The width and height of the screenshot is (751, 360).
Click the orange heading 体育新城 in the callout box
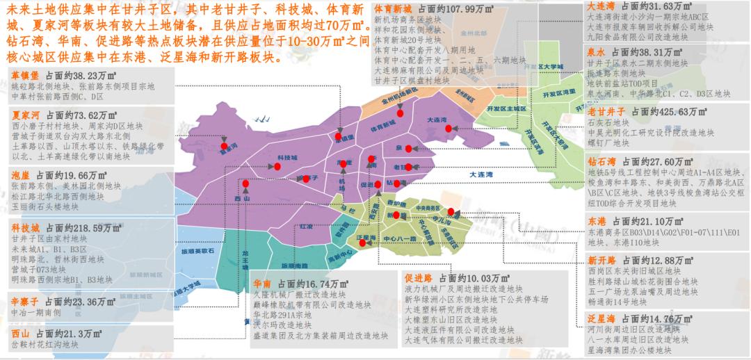click(x=393, y=10)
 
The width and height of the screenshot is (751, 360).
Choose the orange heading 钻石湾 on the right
click(x=601, y=161)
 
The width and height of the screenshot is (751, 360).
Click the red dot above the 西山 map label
click(x=245, y=183)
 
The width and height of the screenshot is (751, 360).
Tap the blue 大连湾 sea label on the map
click(x=484, y=174)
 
